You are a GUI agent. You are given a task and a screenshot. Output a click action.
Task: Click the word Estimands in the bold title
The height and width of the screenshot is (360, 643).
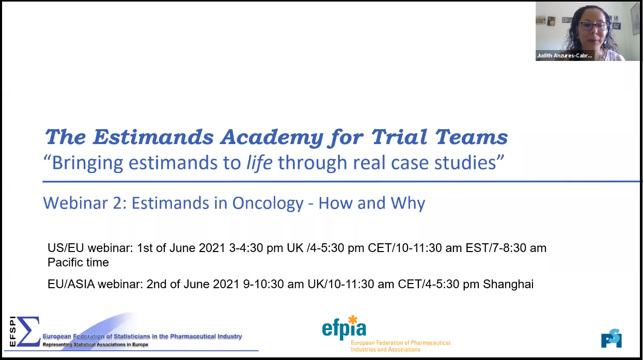[x=153, y=137]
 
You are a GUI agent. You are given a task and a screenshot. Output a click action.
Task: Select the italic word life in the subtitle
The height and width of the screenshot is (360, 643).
[x=259, y=163]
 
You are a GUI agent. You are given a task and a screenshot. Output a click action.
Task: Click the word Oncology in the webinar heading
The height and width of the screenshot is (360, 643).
[x=268, y=204]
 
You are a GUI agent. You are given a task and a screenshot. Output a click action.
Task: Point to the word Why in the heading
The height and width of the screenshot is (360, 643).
[x=407, y=204]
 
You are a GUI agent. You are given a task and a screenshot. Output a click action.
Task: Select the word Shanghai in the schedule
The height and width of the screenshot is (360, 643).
[x=508, y=284]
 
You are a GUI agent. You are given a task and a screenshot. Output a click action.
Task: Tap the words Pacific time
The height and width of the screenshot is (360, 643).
[x=78, y=262]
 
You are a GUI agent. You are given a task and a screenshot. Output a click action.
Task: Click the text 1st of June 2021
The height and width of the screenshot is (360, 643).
[x=181, y=248]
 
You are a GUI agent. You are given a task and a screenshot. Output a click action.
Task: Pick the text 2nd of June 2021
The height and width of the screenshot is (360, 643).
[x=193, y=284]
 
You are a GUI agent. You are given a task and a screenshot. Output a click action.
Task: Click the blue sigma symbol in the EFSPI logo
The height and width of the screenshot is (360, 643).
[x=28, y=331]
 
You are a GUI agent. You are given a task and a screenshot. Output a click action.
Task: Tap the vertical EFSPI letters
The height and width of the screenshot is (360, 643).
[x=12, y=331]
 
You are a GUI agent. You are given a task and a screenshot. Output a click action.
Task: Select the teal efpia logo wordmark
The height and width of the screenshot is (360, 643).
[x=344, y=330]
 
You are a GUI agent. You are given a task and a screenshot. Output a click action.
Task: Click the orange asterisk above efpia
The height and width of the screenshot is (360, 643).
[x=353, y=320]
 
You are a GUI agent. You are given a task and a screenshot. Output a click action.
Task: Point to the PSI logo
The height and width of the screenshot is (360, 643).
[x=611, y=338]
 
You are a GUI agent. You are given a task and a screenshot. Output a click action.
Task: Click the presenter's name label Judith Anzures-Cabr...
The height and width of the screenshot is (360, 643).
[x=564, y=56]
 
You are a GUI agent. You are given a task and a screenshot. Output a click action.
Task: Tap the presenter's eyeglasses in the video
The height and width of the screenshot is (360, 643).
[x=593, y=26]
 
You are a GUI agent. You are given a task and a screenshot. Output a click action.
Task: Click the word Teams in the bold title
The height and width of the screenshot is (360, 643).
[x=472, y=137]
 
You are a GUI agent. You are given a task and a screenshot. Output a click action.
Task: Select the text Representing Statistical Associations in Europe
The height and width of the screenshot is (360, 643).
[x=96, y=345]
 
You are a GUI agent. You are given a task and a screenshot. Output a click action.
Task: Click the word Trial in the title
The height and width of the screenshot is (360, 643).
[x=399, y=137]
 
